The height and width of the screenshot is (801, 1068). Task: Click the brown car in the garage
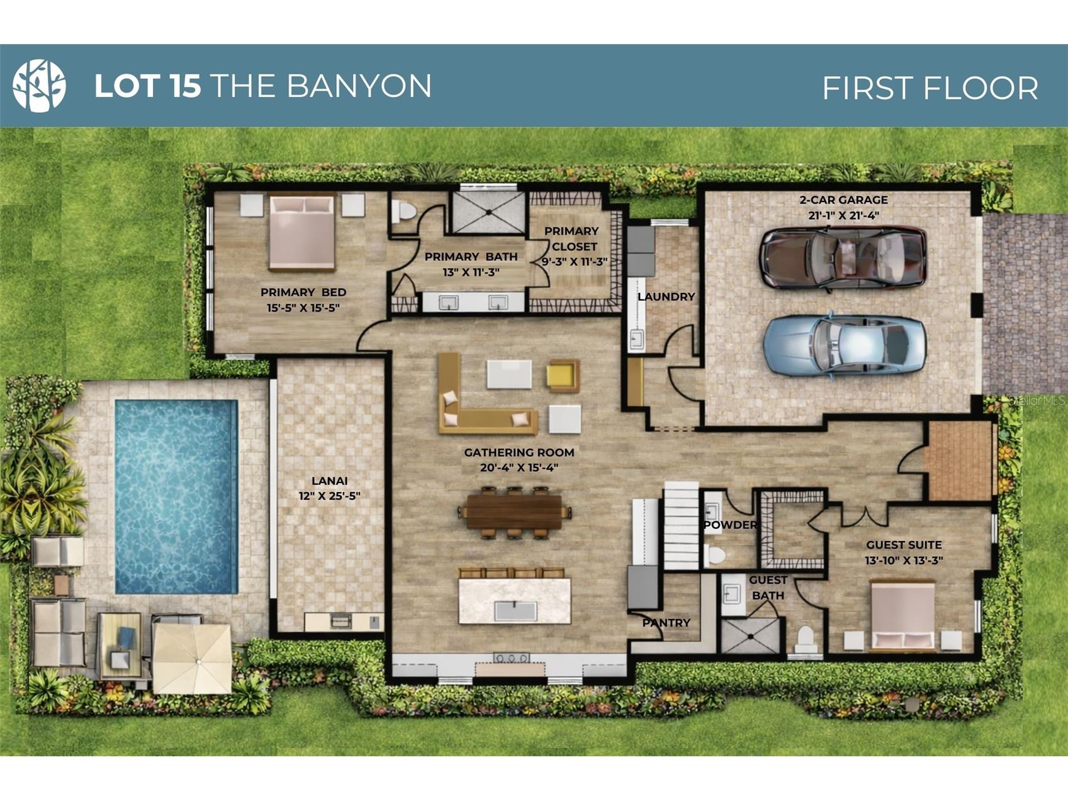[843, 258]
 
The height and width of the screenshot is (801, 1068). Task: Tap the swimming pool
[176, 497]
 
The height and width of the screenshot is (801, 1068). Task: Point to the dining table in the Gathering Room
[514, 512]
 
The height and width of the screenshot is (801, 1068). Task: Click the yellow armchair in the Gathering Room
[563, 376]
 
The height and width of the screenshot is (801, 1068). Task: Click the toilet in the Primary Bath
[403, 212]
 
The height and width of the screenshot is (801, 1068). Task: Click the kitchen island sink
[515, 611]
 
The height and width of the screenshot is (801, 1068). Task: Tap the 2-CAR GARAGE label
[843, 200]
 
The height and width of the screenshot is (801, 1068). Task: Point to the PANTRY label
[666, 623]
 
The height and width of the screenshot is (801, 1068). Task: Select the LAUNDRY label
[666, 297]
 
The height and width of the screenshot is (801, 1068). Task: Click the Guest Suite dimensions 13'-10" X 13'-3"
[904, 560]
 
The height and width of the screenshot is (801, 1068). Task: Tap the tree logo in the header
[39, 86]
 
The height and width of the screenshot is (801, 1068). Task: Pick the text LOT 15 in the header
[147, 86]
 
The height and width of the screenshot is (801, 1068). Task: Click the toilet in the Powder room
[715, 555]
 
